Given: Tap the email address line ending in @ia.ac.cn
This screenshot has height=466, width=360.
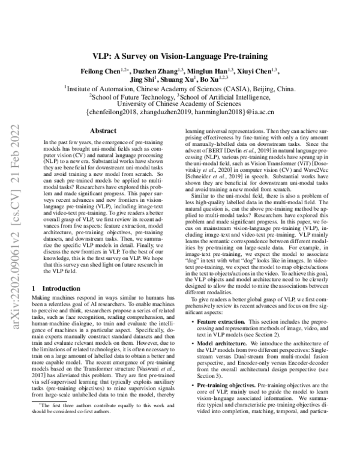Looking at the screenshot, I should pyautogui.click(x=180, y=110).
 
